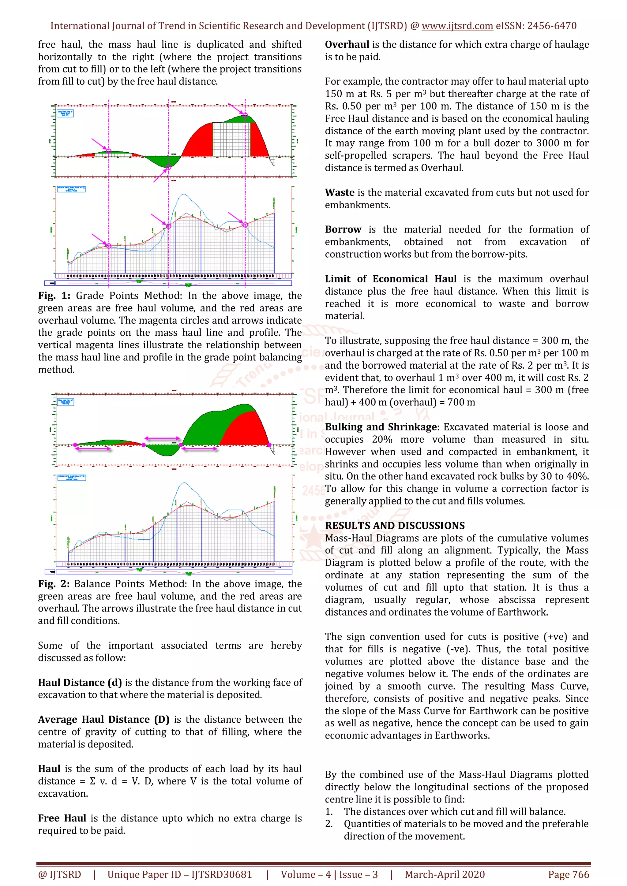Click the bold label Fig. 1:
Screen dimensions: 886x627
click(54, 296)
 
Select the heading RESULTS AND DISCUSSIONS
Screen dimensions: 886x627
click(395, 526)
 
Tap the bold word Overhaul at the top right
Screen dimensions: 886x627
click(347, 45)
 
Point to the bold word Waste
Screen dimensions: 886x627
click(339, 192)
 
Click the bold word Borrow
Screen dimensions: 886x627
click(343, 229)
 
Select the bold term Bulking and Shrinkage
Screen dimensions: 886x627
click(381, 427)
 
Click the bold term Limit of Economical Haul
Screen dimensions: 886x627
click(390, 279)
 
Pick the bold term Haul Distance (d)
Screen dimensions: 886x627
click(80, 683)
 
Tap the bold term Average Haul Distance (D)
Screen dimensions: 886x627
click(103, 720)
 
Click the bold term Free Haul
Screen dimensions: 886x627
click(62, 818)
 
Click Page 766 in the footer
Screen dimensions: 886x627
click(568, 874)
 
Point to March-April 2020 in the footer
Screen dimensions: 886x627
click(445, 874)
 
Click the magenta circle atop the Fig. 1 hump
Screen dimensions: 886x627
click(245, 115)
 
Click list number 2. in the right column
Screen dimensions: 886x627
click(329, 824)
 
